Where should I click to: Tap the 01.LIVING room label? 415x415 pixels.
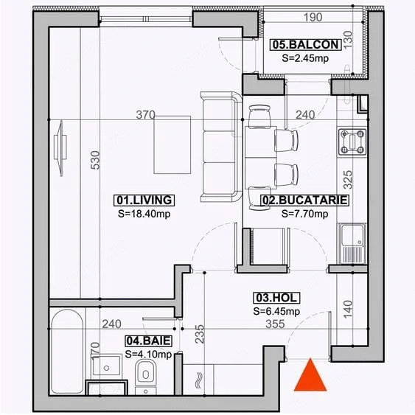tap(144, 200)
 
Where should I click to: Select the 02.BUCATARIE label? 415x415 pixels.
tap(304, 200)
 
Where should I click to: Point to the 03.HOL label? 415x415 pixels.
tap(276, 298)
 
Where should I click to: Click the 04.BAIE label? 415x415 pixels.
tap(148, 341)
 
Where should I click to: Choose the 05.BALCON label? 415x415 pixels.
tap(306, 44)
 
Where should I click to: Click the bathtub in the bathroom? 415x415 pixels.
tap(67, 352)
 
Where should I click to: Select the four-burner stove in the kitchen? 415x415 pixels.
tap(352, 142)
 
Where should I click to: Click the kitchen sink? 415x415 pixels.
tap(352, 244)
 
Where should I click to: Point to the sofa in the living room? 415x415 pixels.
tap(221, 147)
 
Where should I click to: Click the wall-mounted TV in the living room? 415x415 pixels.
tap(60, 148)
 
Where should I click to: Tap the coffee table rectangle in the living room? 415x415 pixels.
tap(172, 144)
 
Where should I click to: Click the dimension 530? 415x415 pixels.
tap(95, 160)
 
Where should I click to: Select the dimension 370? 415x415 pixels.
tap(145, 114)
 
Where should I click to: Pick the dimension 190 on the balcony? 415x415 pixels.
tap(313, 18)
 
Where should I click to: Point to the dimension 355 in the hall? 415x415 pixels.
tap(275, 324)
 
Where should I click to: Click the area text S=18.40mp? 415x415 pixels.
tap(144, 214)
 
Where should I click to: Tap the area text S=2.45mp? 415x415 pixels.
tap(305, 58)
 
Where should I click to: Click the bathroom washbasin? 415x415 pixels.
tap(106, 366)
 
